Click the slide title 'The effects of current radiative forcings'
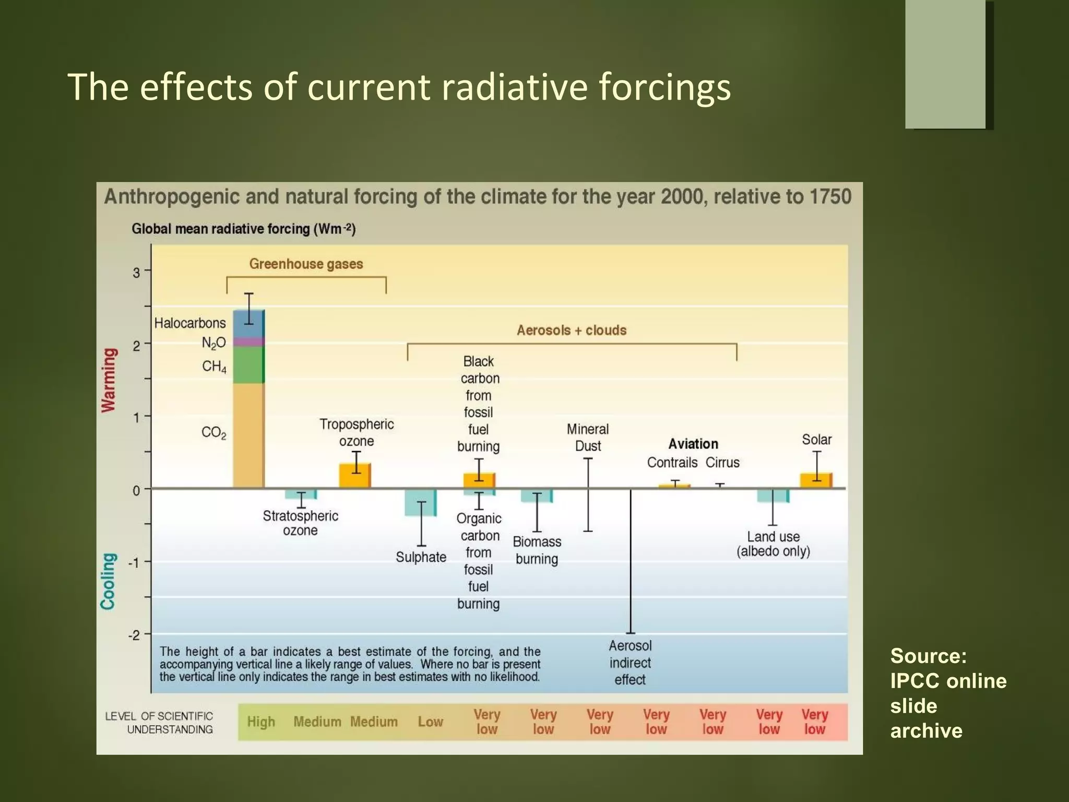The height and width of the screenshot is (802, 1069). (x=399, y=87)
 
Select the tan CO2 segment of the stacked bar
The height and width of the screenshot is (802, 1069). (x=248, y=436)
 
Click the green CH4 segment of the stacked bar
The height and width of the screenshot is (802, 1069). (x=248, y=365)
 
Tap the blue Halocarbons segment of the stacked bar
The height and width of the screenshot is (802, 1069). (x=248, y=324)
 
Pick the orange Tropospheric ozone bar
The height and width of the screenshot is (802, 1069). (x=355, y=476)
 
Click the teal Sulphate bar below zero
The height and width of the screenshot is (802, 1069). (x=420, y=502)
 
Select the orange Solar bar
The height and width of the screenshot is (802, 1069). (x=816, y=481)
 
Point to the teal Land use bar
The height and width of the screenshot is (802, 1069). (x=773, y=496)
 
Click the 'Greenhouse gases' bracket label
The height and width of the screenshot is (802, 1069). (x=306, y=264)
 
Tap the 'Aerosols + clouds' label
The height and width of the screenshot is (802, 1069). (x=572, y=331)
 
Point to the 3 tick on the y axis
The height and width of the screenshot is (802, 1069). (x=137, y=273)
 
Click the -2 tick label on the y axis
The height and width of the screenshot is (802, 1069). (x=134, y=635)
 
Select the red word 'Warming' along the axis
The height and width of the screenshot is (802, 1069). (x=109, y=380)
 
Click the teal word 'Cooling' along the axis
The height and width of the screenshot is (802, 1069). (x=108, y=581)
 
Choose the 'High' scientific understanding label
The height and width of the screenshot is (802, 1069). (x=261, y=722)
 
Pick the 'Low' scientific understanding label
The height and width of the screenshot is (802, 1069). (x=430, y=722)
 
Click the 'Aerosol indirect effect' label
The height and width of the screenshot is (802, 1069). (x=630, y=663)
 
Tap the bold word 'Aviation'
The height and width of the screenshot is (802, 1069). (x=693, y=444)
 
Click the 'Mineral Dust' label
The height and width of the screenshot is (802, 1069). (x=588, y=438)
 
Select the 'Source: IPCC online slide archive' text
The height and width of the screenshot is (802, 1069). (x=947, y=693)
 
